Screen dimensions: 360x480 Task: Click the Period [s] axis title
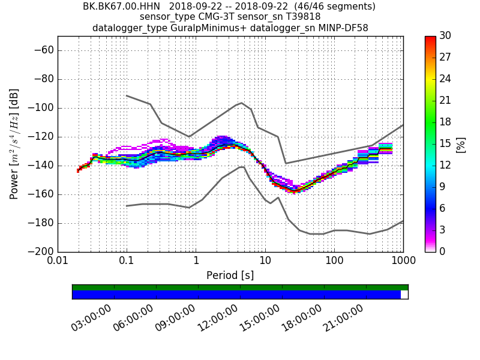(230, 275)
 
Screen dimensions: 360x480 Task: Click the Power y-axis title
(14, 144)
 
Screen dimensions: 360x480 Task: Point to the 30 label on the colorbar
(446, 36)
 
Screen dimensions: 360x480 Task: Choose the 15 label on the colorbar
(446, 144)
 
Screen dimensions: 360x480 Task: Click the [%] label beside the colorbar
(461, 144)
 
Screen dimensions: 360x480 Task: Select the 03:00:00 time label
(92, 318)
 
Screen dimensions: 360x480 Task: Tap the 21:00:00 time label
(344, 318)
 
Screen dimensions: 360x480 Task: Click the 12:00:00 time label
(218, 318)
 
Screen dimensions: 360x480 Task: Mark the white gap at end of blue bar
(404, 295)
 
